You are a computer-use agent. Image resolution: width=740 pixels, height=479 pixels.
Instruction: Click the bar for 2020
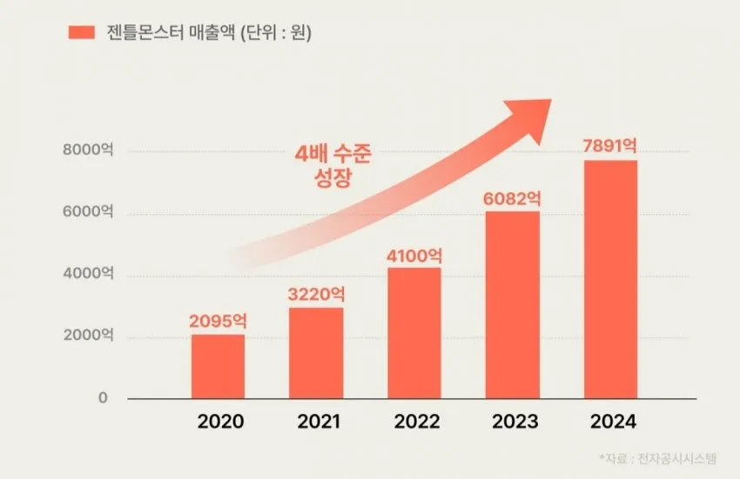tap(218, 367)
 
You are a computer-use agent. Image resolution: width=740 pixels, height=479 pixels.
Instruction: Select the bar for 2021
tap(316, 353)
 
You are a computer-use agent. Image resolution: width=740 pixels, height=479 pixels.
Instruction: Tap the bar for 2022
tap(414, 333)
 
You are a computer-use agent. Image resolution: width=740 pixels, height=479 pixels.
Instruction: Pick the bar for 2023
tap(513, 305)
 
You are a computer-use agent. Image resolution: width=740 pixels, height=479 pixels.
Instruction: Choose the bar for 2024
tap(610, 280)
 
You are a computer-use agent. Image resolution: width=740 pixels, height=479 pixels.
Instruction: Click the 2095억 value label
tap(218, 321)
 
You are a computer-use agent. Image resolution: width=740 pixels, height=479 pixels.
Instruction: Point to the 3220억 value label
tap(316, 294)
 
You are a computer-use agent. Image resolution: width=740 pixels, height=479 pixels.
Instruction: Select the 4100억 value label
tap(414, 256)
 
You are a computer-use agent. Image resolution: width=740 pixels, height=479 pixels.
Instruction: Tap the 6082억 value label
tap(512, 198)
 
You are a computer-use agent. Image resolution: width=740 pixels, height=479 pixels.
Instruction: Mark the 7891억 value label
tap(609, 146)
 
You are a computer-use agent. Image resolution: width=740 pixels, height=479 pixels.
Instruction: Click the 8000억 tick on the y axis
tap(88, 150)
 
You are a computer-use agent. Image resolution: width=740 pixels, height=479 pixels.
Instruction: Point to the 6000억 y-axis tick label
tap(88, 212)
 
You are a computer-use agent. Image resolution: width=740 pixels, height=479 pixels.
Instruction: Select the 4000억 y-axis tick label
tap(88, 274)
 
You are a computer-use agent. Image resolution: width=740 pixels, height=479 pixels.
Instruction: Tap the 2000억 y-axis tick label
tap(88, 336)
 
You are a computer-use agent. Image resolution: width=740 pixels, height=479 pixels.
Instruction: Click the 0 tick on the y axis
tap(103, 398)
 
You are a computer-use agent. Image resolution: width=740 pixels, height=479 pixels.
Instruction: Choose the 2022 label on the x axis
tap(417, 422)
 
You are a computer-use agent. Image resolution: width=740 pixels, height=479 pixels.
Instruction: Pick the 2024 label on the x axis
tap(613, 422)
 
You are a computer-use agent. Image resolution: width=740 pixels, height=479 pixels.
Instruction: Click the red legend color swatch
tap(82, 32)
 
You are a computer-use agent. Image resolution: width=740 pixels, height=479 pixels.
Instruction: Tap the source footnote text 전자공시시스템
tap(676, 458)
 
